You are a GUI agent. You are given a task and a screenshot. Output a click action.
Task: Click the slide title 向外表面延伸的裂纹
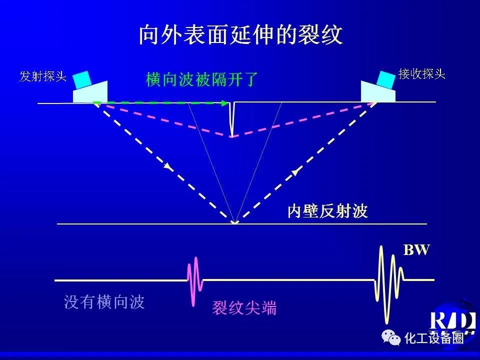tap(240, 34)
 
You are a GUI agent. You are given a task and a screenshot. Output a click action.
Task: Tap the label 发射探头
tap(43, 76)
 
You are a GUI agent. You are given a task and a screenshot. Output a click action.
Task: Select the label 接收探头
tap(422, 74)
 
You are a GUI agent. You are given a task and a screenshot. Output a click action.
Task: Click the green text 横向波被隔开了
tap(202, 79)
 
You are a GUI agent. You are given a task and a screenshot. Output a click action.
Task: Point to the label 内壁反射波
tap(327, 211)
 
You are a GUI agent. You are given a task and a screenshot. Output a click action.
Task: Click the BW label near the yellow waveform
tap(416, 250)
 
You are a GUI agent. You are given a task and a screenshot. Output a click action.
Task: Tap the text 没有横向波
tap(104, 302)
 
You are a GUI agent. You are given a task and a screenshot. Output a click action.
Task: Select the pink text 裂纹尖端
tap(244, 307)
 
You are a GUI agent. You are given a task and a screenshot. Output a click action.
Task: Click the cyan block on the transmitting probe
tap(82, 79)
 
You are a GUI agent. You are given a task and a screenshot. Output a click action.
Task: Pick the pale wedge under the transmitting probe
tap(90, 92)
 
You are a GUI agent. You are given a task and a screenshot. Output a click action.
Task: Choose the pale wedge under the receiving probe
tap(378, 91)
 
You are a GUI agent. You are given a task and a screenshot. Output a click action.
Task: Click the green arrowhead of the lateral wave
tap(225, 103)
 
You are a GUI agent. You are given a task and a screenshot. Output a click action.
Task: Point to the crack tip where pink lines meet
tap(232, 136)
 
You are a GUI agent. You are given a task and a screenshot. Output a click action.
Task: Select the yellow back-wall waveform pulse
tap(389, 284)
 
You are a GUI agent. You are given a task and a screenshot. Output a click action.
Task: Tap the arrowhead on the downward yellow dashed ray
tap(167, 166)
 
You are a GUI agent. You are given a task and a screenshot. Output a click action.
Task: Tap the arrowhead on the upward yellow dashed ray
tap(295, 172)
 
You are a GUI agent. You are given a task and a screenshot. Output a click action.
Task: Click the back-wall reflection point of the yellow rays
tap(234, 223)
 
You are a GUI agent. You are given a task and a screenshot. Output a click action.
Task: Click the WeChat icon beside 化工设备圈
tap(391, 337)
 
